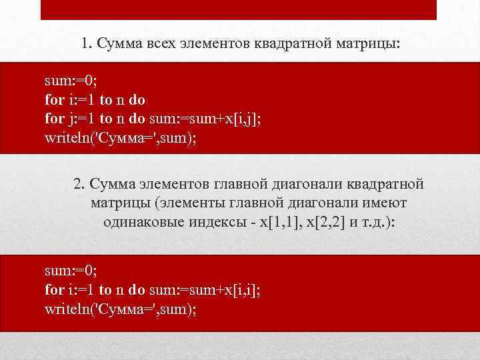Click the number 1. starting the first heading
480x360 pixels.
[87, 45]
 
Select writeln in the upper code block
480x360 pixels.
[66, 138]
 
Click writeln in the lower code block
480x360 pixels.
[66, 309]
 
